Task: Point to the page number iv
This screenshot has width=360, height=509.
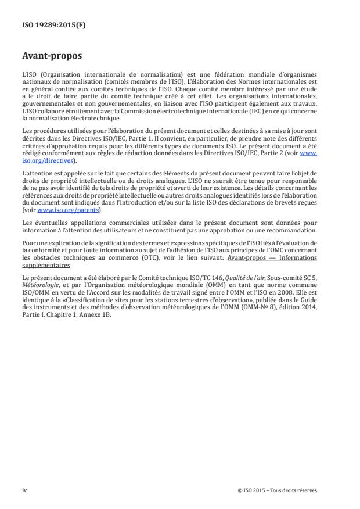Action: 24,490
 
